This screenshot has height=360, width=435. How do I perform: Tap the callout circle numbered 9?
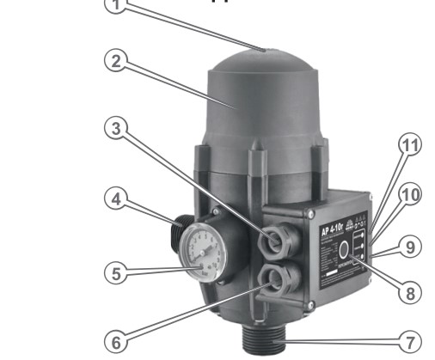411,247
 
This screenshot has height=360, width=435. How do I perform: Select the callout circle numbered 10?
411,195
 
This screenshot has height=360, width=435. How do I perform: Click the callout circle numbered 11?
411,146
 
